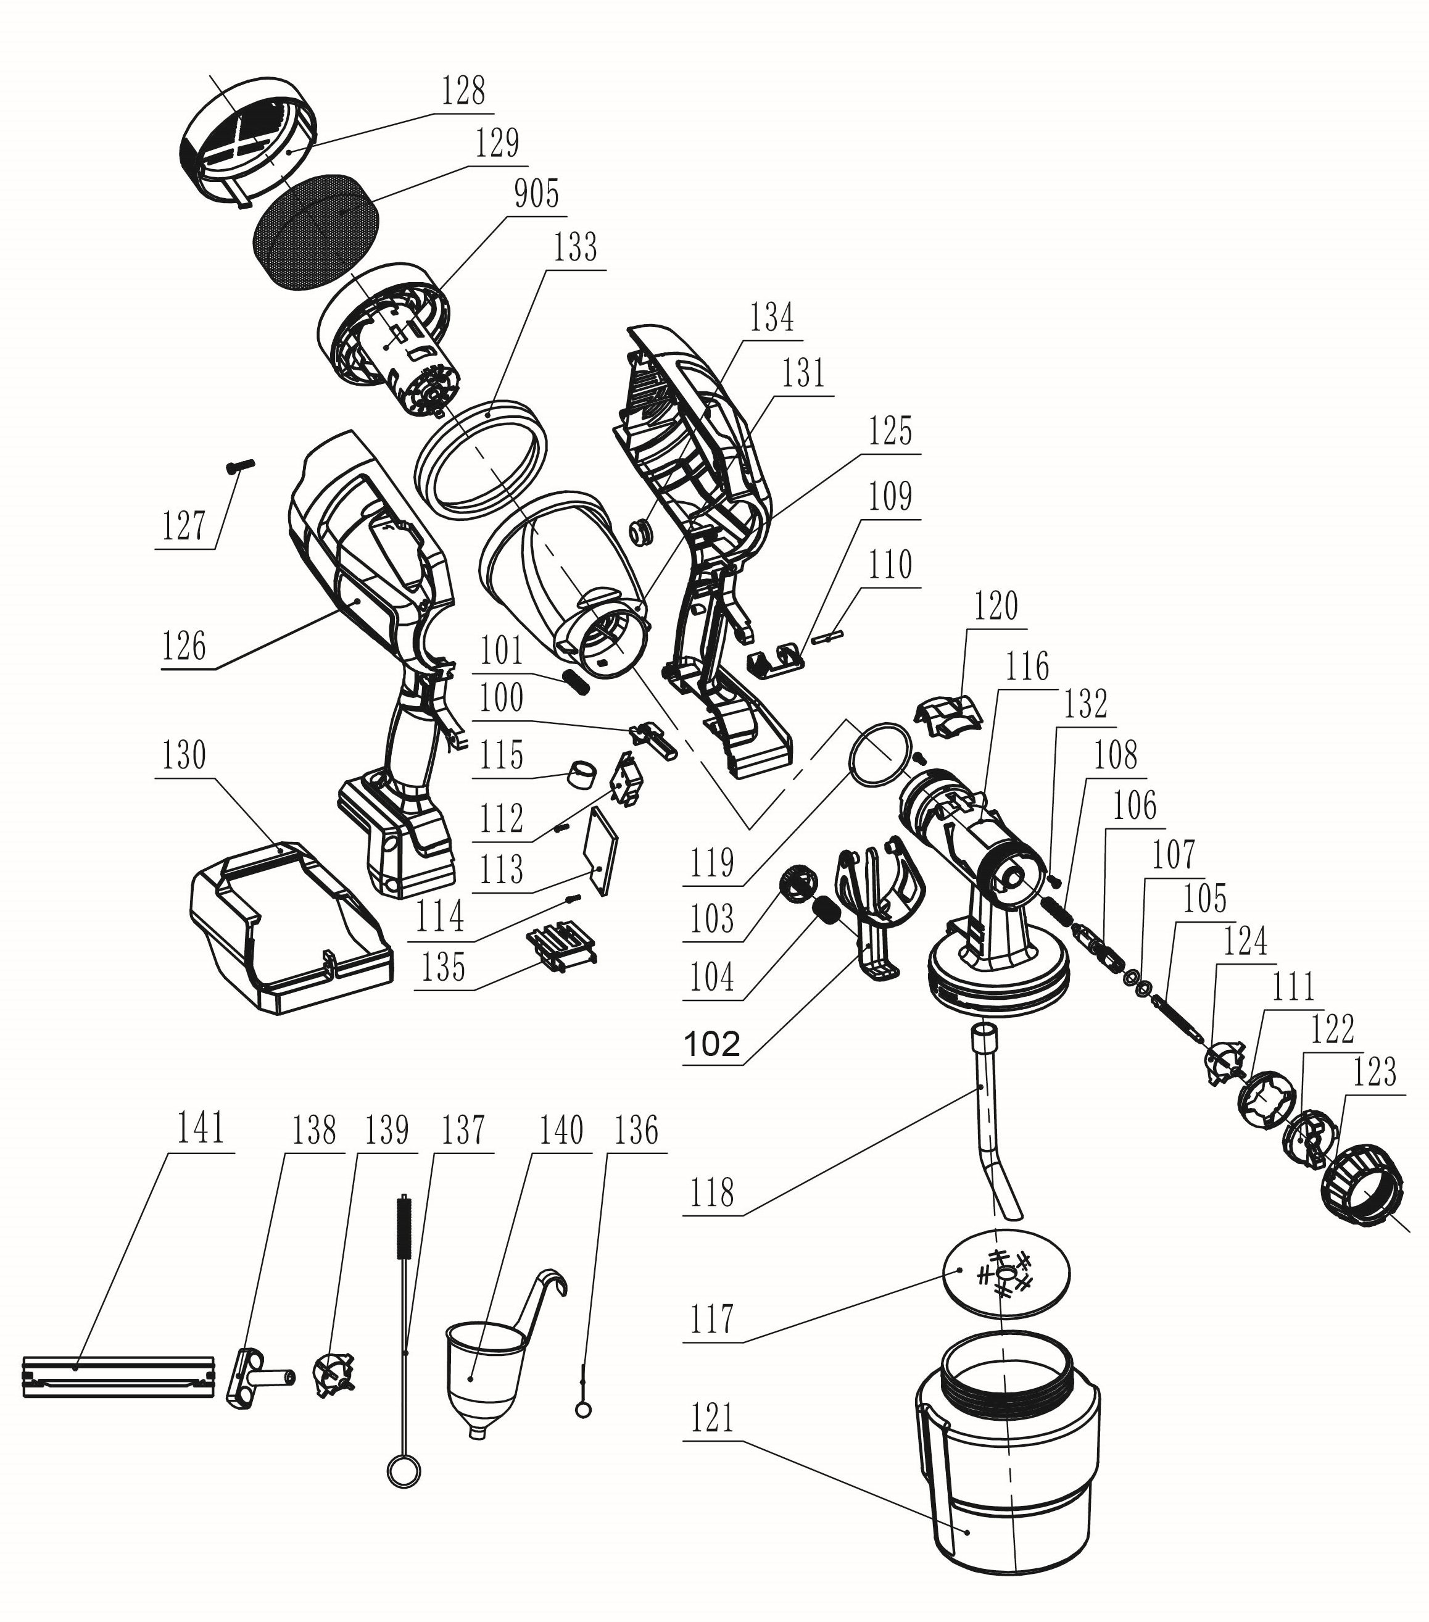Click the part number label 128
coord(463,91)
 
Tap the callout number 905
coord(536,194)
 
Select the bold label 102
coord(711,1044)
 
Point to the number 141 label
coord(201,1128)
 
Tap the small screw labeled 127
coord(238,465)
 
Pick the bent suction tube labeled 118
coord(992,1127)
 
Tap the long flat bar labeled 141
coord(119,1377)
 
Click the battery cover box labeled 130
coord(289,928)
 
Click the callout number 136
coord(636,1131)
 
